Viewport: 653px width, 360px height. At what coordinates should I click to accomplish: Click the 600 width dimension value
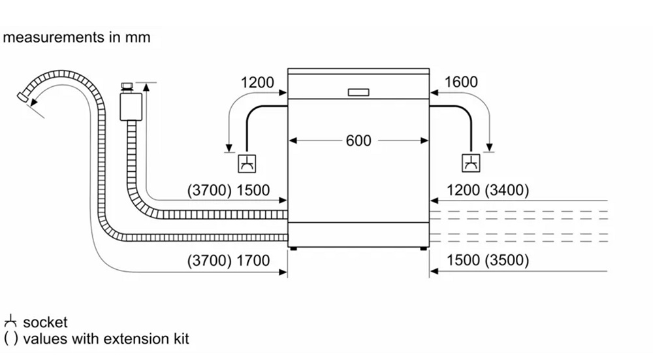[358, 140]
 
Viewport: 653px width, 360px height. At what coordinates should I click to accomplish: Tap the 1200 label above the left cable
[257, 82]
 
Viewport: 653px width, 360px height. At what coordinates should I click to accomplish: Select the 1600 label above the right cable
[461, 82]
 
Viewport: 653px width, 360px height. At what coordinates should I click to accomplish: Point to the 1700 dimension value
[253, 261]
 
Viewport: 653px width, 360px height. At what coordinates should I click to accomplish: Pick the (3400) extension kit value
[507, 191]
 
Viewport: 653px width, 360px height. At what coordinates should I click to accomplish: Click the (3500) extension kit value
[507, 261]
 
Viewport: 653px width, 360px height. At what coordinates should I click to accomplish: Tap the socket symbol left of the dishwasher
[246, 163]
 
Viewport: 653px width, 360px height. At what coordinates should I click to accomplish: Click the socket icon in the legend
[10, 322]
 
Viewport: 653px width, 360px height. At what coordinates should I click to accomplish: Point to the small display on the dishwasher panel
[358, 92]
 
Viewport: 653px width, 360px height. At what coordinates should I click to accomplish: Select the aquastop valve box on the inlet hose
[131, 106]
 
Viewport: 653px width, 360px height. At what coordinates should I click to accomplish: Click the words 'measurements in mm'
[76, 37]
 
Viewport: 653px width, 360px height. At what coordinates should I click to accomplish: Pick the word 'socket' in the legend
[45, 322]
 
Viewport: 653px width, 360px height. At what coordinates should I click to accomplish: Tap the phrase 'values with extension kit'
[106, 339]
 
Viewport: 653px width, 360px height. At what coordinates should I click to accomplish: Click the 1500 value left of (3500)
[463, 261]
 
